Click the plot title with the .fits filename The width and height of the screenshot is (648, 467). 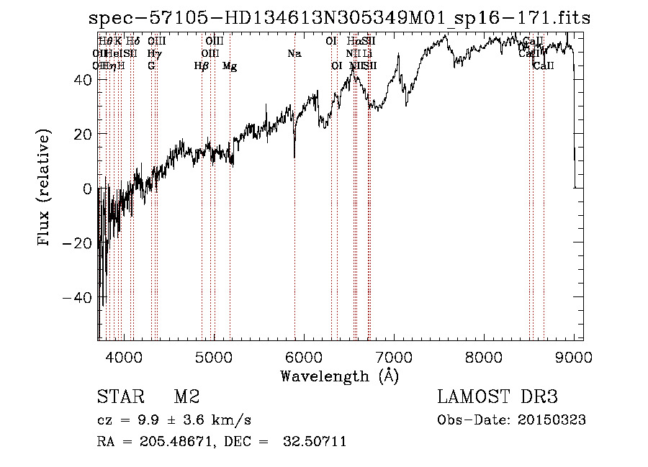click(338, 19)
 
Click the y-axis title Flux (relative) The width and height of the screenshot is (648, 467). click(45, 189)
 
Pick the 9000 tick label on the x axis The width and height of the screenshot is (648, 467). click(574, 356)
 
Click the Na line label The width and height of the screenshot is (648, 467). click(294, 54)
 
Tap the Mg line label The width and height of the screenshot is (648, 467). click(230, 66)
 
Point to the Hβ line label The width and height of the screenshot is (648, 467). click(202, 66)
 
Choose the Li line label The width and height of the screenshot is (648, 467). click(367, 54)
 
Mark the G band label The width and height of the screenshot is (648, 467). click(151, 66)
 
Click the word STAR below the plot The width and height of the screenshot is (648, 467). click(118, 397)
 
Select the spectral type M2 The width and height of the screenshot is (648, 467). click(186, 397)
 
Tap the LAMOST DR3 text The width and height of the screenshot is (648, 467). click(497, 397)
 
